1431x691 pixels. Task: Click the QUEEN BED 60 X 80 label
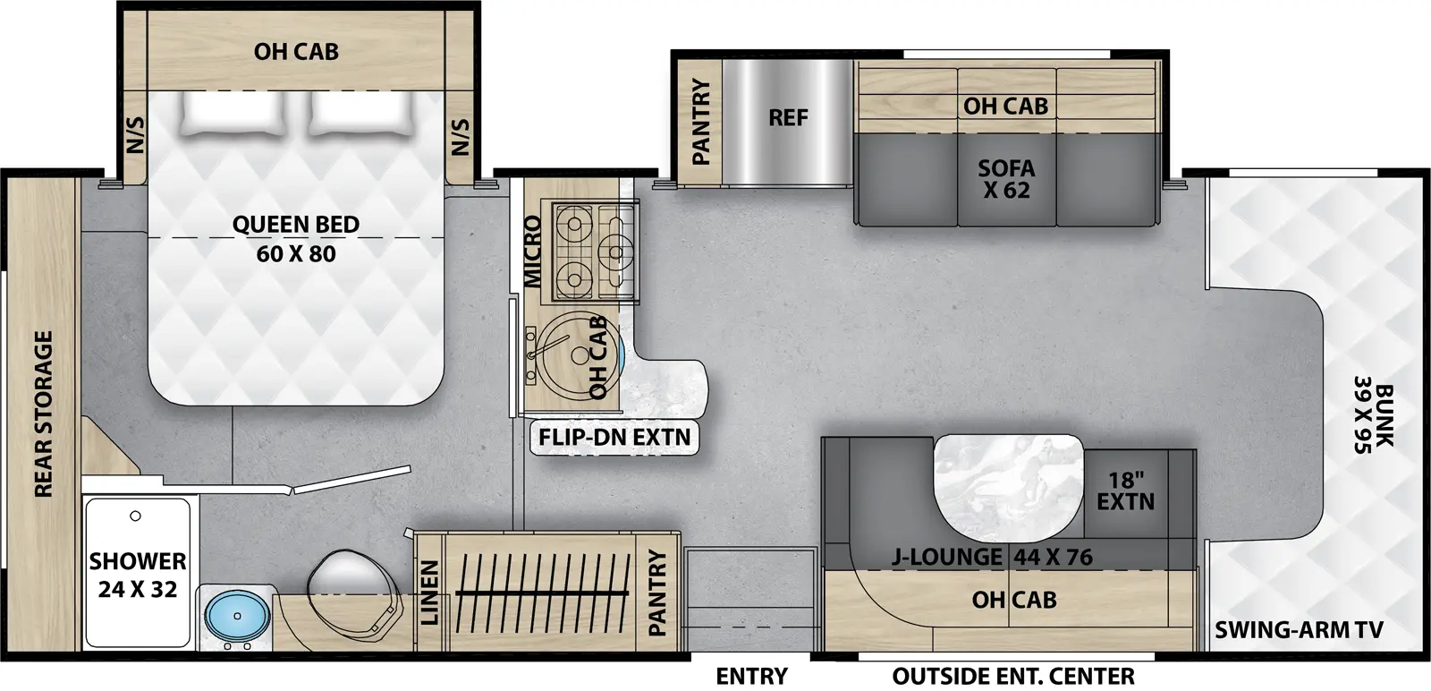tap(296, 239)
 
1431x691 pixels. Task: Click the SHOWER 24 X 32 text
tap(138, 575)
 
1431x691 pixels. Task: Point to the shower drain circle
tap(135, 516)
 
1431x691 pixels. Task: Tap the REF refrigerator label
tap(788, 118)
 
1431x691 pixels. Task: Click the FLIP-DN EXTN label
tap(614, 438)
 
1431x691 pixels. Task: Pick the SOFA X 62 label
tap(1006, 179)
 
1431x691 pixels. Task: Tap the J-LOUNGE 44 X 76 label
tap(992, 557)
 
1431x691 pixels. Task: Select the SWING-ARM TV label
tap(1299, 630)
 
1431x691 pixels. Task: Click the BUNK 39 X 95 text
tap(1373, 418)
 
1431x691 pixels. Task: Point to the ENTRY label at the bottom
tap(751, 676)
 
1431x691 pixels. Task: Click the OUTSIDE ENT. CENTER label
tap(1013, 676)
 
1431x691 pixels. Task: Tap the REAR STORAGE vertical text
tap(43, 414)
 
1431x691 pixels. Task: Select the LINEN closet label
tap(430, 593)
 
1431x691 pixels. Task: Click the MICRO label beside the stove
tap(533, 252)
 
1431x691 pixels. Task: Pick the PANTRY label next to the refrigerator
tap(700, 122)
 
